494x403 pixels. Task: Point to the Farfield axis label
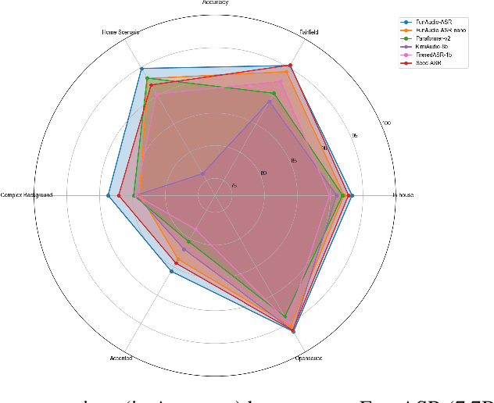310,32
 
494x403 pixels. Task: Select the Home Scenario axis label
120,32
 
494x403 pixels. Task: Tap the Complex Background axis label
27,195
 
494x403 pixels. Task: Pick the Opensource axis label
309,358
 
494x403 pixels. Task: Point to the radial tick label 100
385,122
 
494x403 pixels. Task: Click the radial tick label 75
234,185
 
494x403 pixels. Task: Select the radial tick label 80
263,173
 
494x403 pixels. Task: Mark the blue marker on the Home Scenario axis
141,70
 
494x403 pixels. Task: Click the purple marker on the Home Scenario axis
202,173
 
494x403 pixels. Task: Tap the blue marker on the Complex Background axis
108,195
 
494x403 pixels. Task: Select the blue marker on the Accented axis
171,271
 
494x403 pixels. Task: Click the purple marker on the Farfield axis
271,101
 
